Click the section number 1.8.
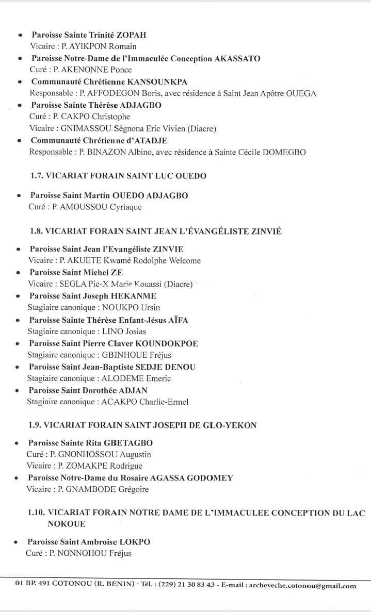click(36, 231)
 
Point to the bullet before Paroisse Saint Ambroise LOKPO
click(17, 542)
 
